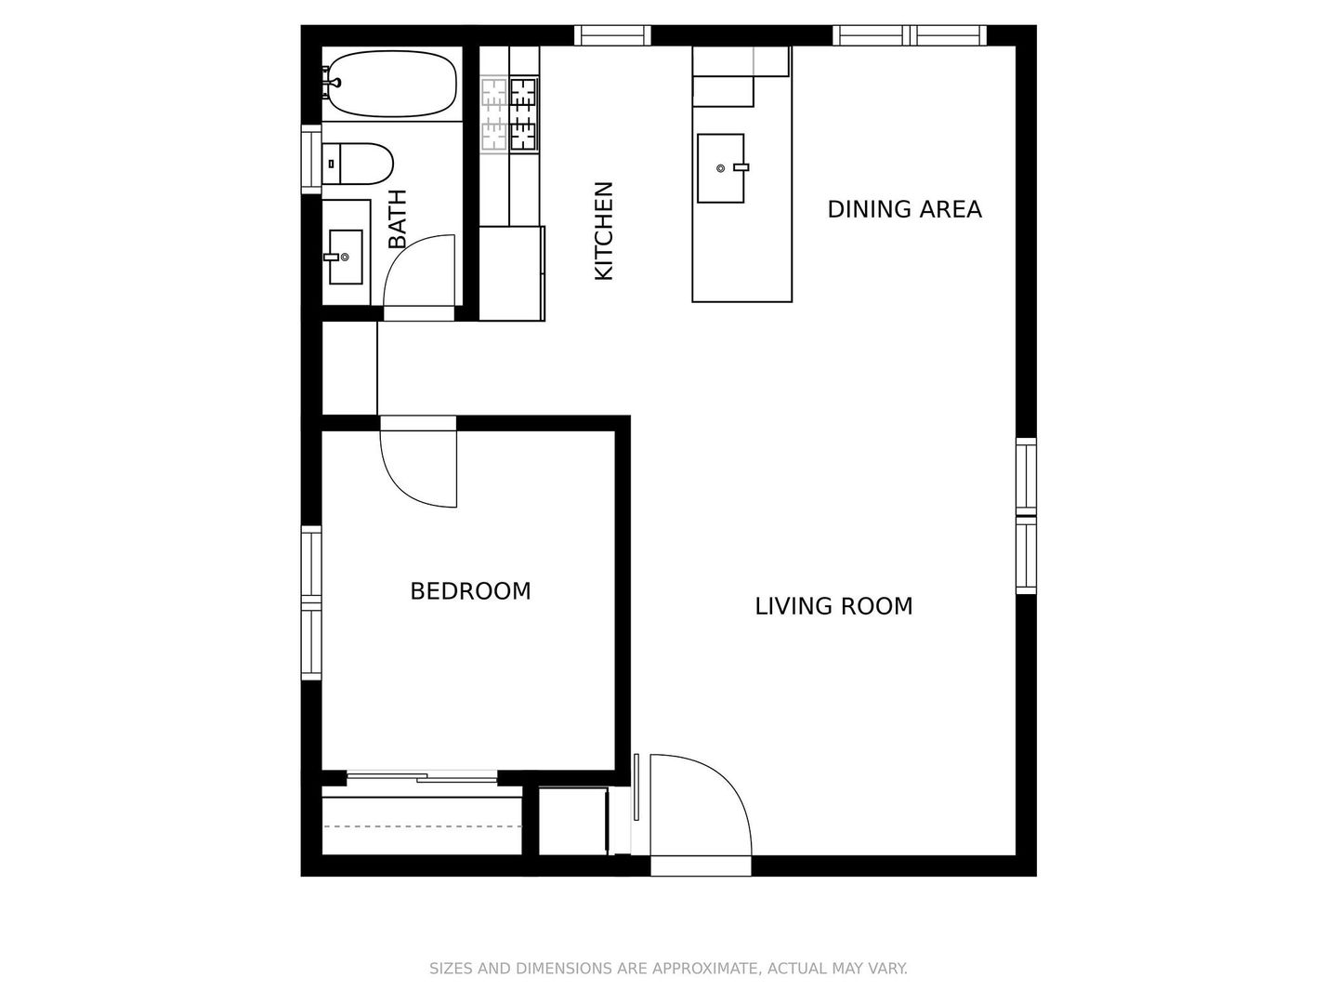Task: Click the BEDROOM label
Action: [470, 591]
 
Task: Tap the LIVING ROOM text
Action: [833, 606]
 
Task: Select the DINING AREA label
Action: [905, 210]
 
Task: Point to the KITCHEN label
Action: [603, 231]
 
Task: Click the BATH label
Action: [398, 218]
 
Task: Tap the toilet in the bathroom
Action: [357, 164]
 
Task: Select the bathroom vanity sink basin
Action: [346, 257]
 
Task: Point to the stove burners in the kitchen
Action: [509, 114]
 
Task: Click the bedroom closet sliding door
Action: [422, 776]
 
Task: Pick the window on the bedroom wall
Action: [311, 603]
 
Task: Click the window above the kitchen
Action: [612, 35]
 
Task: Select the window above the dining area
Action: [910, 35]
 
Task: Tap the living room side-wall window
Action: [1027, 516]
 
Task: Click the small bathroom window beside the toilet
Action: [311, 160]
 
